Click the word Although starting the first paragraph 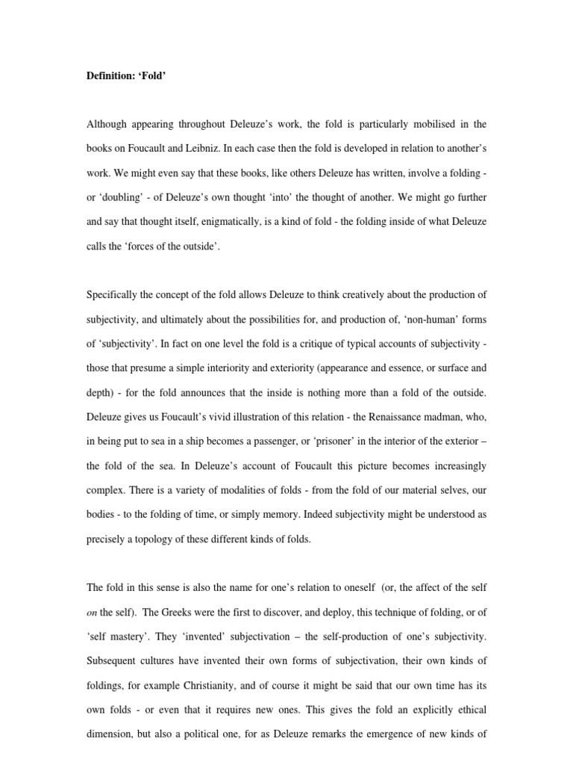[110, 123]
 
